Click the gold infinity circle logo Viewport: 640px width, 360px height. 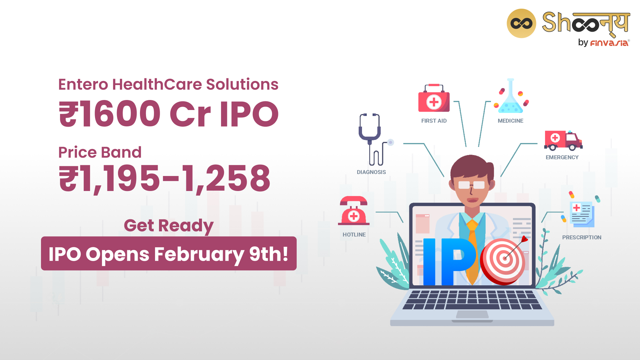coord(521,23)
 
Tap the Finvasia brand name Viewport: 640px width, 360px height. coord(610,43)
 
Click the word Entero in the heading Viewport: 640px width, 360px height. coord(83,84)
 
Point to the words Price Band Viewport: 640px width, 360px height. coord(100,152)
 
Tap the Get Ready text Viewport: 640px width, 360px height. coord(169,226)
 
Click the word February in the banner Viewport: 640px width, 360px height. coord(199,254)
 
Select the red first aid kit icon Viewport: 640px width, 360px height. coord(434,98)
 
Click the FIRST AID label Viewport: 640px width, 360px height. coord(434,121)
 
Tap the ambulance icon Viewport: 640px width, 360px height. coord(563,140)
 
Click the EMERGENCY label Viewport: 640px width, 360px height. coord(562,157)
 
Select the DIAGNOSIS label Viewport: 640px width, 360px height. coord(371,172)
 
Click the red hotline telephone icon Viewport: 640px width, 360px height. coord(354,211)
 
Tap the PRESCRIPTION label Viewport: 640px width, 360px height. coord(582,237)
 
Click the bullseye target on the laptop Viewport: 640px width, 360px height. coord(503,261)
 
